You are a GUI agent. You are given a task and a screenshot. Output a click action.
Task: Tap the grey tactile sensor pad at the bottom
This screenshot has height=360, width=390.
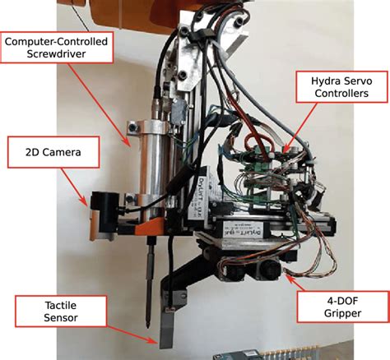(x=166, y=330)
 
